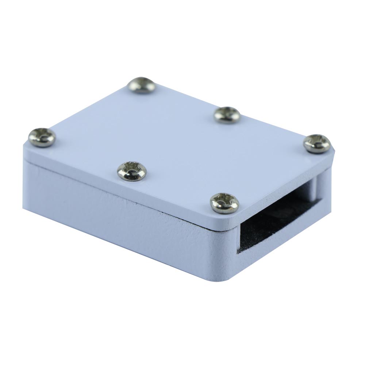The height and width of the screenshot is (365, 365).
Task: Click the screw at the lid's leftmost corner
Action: pyautogui.click(x=42, y=137)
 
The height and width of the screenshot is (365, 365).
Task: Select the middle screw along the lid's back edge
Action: pyautogui.click(x=227, y=114)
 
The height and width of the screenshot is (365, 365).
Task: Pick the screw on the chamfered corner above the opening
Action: pyautogui.click(x=317, y=143)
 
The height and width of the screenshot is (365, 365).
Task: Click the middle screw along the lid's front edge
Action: pyautogui.click(x=132, y=170)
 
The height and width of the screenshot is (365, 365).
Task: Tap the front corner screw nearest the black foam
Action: pyautogui.click(x=224, y=203)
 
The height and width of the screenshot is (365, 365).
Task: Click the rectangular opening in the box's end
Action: pyautogui.click(x=277, y=215)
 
